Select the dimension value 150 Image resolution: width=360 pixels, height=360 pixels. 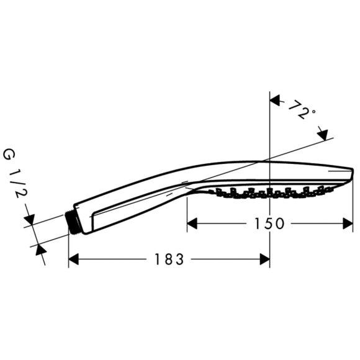pos(269,223)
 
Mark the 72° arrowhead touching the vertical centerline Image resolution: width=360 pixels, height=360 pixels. pos(274,101)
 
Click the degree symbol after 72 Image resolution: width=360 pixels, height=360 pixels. pos(313,112)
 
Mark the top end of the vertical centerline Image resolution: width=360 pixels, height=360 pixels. pos(269,92)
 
